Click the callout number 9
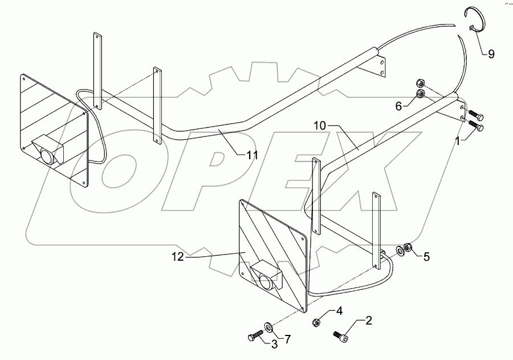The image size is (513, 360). coord(491,54)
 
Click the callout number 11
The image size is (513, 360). coord(251,155)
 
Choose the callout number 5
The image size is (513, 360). coord(426,257)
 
